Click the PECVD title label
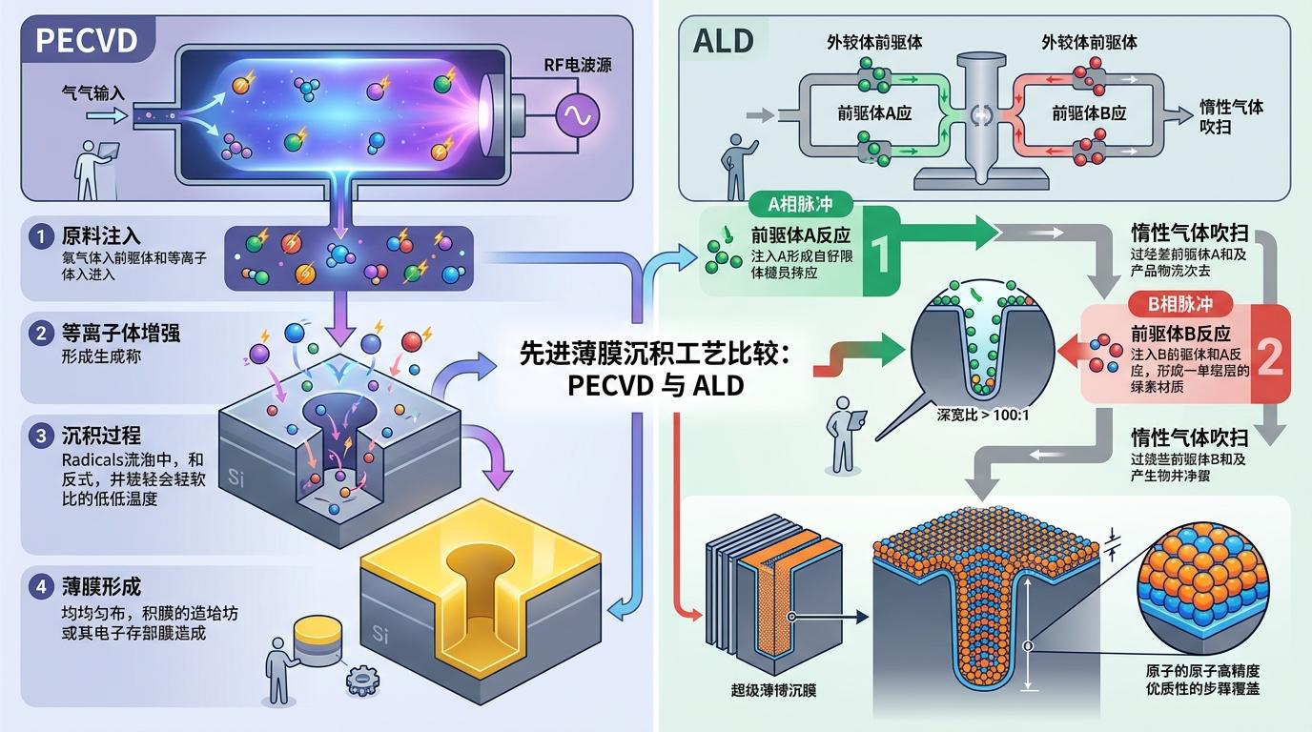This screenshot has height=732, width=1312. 85,40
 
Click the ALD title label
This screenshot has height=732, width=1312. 724,40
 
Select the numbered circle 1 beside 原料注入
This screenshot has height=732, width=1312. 40,236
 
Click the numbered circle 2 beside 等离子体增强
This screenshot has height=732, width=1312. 40,334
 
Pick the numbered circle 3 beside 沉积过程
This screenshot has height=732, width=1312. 40,436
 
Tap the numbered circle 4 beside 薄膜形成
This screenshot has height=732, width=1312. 40,587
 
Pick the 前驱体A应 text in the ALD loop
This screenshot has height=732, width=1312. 874,112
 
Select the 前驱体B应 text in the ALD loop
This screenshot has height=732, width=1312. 1089,112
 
